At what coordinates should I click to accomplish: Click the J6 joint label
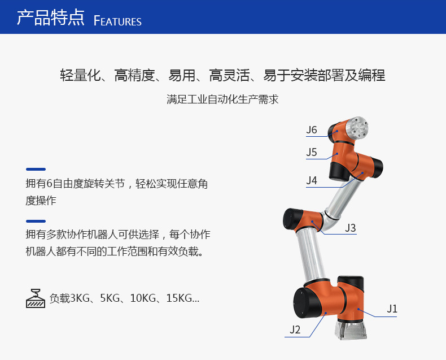[x=312, y=130]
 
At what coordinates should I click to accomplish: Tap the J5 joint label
[x=312, y=153]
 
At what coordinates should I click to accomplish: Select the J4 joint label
[x=312, y=180]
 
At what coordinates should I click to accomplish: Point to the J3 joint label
[x=351, y=228]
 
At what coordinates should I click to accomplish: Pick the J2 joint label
[x=295, y=330]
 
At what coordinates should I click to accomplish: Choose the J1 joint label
[x=392, y=309]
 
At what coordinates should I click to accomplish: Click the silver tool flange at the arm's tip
[x=357, y=128]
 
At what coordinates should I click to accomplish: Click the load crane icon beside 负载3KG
[x=36, y=298]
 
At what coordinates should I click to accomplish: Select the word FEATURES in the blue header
[x=117, y=21]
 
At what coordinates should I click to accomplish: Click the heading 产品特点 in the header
[x=51, y=18]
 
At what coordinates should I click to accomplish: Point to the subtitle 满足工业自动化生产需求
[x=222, y=99]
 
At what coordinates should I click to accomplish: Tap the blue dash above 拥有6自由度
[x=36, y=169]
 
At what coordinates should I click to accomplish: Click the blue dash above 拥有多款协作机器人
[x=36, y=221]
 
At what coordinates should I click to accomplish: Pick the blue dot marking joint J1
[x=358, y=309]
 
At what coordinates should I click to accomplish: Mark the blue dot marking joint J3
[x=312, y=222]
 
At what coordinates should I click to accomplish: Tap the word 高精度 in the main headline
[x=134, y=76]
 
